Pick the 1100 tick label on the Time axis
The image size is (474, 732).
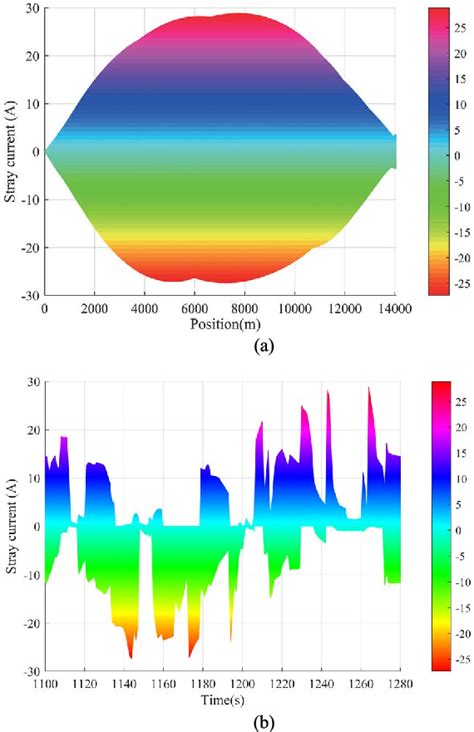[45, 683]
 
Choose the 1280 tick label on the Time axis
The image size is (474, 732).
[399, 683]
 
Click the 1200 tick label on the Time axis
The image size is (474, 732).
[242, 683]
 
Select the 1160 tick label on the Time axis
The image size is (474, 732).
[163, 683]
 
